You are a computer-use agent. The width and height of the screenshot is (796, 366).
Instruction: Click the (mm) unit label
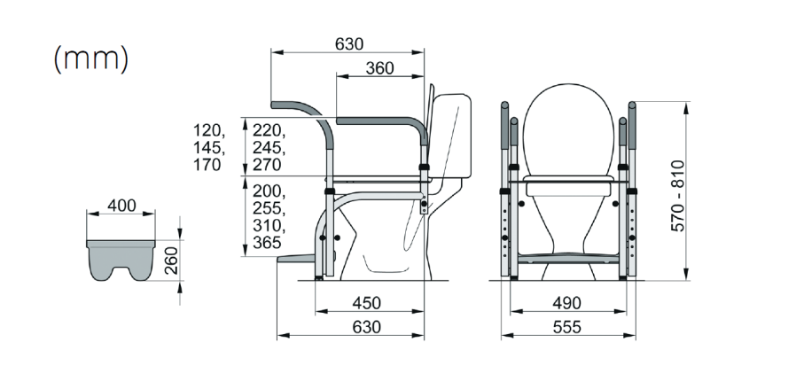91,59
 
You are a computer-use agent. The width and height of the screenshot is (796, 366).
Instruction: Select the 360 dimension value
378,68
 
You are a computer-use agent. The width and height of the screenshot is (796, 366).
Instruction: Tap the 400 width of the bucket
121,206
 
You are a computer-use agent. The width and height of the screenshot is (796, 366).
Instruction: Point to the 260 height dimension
172,260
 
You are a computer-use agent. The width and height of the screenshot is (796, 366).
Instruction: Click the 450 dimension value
366,303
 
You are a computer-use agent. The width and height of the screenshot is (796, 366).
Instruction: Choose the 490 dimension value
566,303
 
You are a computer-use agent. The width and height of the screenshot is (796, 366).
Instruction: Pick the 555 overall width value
566,327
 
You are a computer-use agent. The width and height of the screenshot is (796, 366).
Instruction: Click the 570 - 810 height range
678,196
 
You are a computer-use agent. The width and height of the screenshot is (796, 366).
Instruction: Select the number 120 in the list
207,130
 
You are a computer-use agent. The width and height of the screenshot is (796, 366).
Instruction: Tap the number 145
207,148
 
